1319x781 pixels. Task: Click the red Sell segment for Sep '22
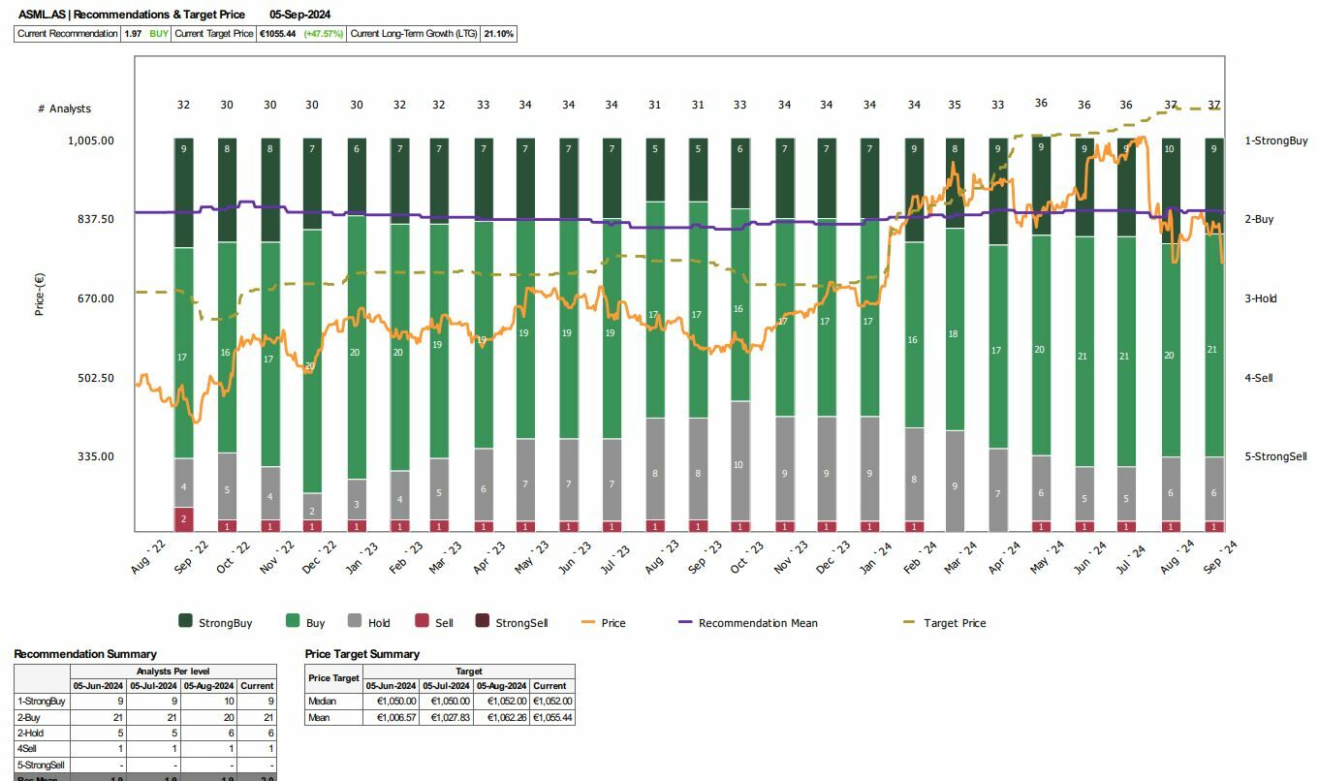pos(183,518)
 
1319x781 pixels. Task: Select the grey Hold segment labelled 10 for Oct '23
pos(738,465)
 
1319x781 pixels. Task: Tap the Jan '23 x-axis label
pos(362,560)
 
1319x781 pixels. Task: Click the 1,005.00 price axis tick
pos(90,141)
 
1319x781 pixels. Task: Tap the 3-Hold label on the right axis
pos(1260,298)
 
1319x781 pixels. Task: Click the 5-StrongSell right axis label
pos(1275,456)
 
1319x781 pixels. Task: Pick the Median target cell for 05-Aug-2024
pos(501,702)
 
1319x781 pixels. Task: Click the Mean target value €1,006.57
pos(391,718)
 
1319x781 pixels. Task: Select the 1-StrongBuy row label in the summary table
pos(42,702)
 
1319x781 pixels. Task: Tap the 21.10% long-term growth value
pos(499,34)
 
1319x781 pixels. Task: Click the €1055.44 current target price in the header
pos(277,34)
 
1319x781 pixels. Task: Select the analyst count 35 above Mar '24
pos(954,105)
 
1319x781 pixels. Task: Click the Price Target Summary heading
pos(361,654)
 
